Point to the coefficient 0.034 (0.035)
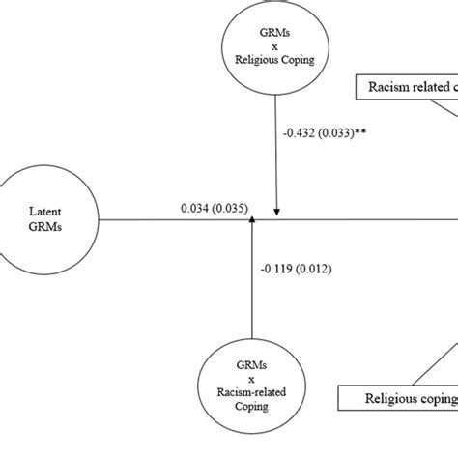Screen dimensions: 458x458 click(214, 207)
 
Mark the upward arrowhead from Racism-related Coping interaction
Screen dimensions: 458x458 click(252, 224)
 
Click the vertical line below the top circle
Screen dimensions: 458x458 click(276, 145)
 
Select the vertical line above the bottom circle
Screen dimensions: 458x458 click(252, 290)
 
